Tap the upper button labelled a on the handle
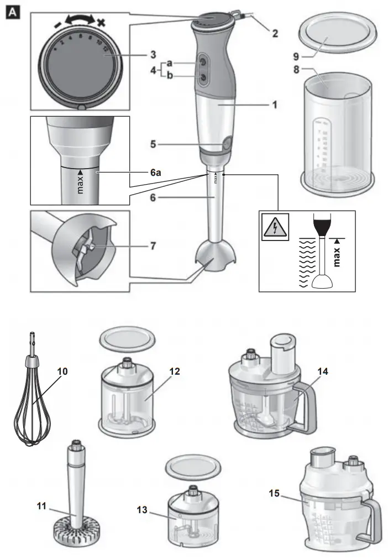[x=203, y=63]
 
